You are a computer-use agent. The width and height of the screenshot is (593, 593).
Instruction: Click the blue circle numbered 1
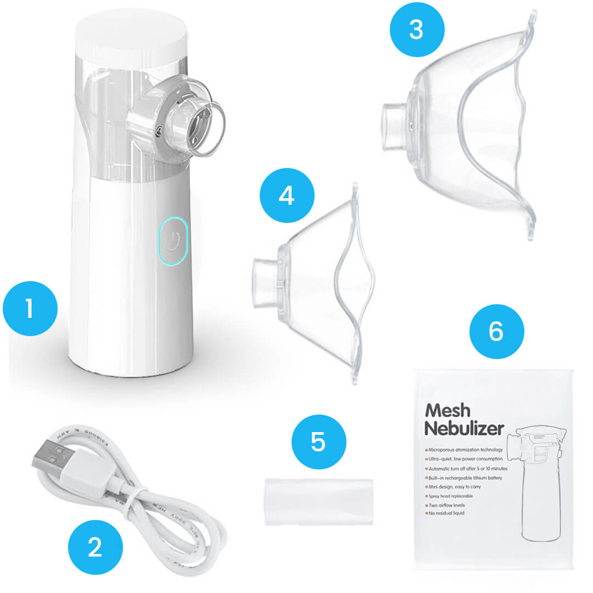(30, 308)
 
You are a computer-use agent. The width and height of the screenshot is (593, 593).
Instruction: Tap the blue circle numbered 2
(95, 547)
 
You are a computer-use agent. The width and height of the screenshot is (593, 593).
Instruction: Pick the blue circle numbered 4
(287, 195)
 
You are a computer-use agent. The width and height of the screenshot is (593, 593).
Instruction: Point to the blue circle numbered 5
(318, 441)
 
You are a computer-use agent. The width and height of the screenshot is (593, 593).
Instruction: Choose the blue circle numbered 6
(496, 331)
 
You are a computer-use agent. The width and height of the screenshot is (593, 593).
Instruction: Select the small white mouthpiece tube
(318, 501)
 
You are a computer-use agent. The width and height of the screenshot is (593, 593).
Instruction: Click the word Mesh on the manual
(447, 411)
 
